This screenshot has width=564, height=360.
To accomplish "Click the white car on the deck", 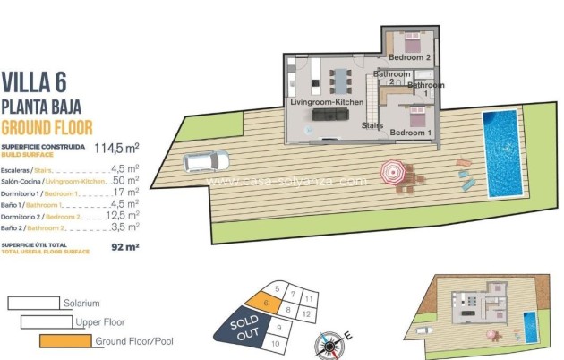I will click(x=206, y=161).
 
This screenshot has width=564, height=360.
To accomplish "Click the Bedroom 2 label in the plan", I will click(x=410, y=58).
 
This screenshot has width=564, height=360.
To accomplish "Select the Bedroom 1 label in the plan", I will click(x=411, y=133).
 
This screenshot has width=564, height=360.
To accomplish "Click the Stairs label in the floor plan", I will click(x=372, y=126).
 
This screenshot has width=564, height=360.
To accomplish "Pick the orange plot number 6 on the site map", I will click(x=267, y=304).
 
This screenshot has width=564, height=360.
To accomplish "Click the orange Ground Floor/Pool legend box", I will click(x=65, y=341).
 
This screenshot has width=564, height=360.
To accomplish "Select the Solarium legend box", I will click(x=33, y=304).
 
